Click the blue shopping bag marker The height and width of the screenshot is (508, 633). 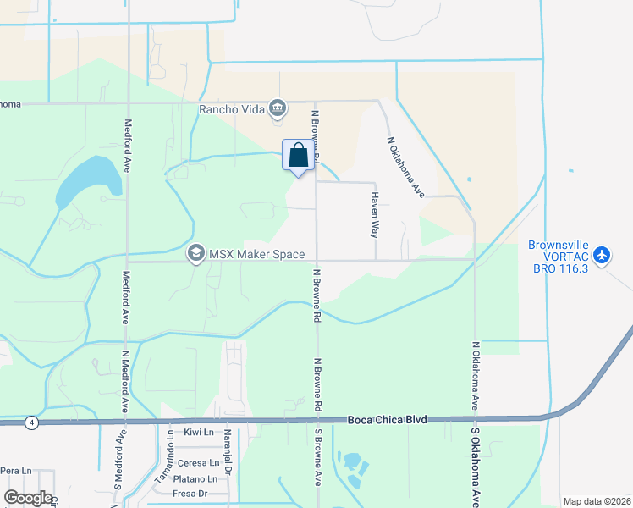point(298,156)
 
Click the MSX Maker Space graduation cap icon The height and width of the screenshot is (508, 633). point(196,252)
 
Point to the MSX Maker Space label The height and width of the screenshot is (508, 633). point(250,252)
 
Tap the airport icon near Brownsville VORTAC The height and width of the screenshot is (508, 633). point(602,255)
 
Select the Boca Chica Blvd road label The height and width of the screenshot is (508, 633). point(388,419)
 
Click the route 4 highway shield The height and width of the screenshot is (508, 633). point(31,422)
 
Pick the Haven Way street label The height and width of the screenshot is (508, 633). point(374,213)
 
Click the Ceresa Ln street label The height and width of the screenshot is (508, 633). point(198,463)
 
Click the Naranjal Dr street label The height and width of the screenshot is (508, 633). point(229,449)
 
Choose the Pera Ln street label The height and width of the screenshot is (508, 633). point(15,470)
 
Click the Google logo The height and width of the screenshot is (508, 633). point(29,498)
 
